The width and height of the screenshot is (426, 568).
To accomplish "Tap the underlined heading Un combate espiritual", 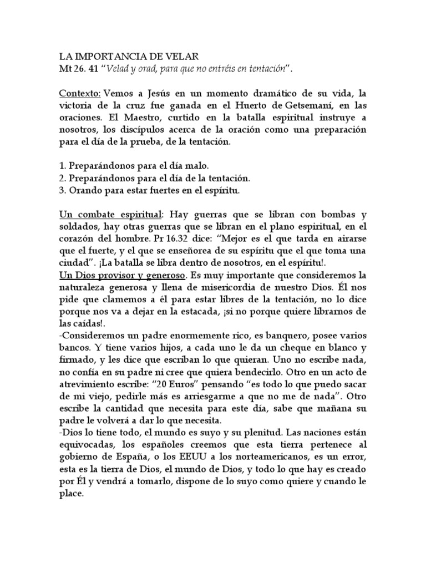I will click(x=111, y=215).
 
